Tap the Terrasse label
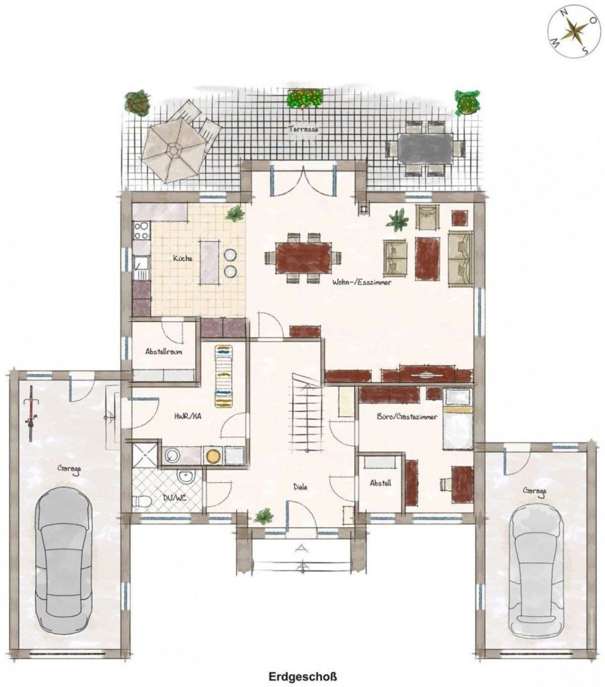(303, 130)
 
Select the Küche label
(182, 258)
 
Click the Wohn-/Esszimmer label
(362, 282)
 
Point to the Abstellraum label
(164, 351)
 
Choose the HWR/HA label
(187, 416)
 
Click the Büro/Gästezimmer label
(407, 417)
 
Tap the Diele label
(301, 486)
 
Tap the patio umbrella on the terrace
(174, 149)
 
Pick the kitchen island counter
(210, 262)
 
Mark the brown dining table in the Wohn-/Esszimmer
(303, 257)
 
